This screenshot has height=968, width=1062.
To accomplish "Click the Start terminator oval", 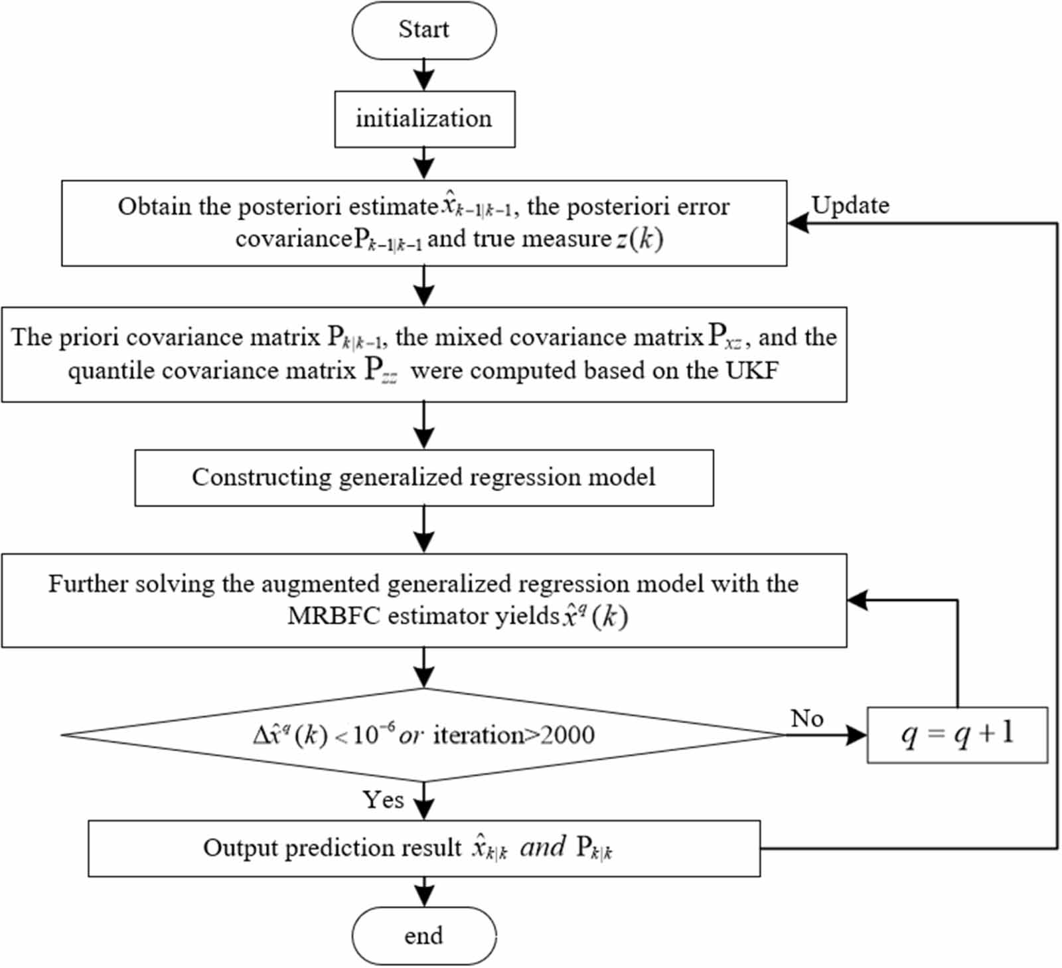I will click(423, 31).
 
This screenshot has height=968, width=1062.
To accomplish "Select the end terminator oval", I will click(423, 935).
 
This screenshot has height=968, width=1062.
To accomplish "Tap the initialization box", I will click(424, 119).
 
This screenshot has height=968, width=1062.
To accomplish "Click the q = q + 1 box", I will click(956, 734).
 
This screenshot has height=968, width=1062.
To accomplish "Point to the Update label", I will click(850, 205).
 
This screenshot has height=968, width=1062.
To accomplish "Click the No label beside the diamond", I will click(807, 718).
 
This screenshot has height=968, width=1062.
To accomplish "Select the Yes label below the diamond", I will click(383, 799).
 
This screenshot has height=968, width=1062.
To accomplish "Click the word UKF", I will click(752, 370).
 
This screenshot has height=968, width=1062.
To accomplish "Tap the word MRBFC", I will click(335, 616).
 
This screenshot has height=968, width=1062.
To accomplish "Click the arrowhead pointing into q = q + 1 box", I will click(857, 735).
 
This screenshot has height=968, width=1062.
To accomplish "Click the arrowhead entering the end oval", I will click(423, 896).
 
